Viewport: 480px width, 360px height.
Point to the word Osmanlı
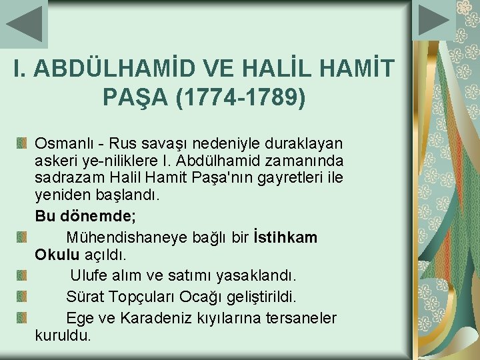point(62,143)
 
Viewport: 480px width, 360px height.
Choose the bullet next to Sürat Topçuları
point(21,296)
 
